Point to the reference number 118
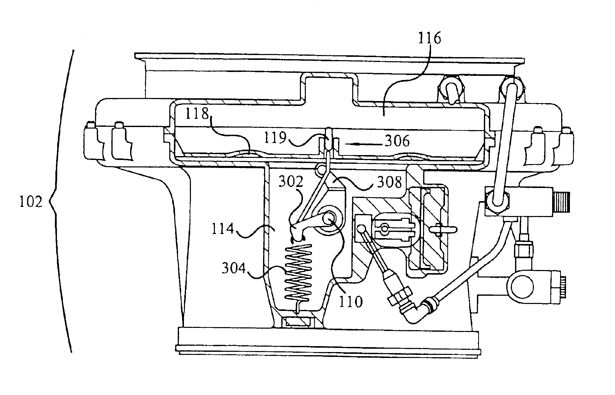pos(197,113)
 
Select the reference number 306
pos(397,141)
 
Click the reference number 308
pos(390,182)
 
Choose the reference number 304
pos(234,269)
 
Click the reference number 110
pos(351,302)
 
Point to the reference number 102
pos(31,202)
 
